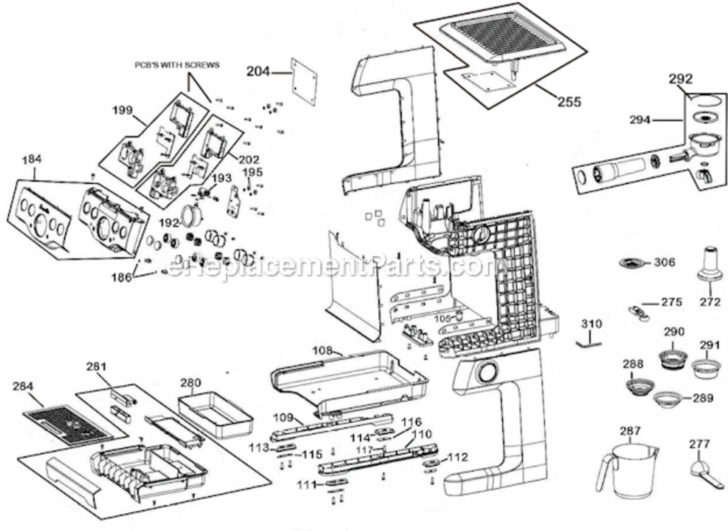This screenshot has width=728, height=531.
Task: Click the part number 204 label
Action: [x=258, y=71]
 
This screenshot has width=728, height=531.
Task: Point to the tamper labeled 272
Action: [x=709, y=265]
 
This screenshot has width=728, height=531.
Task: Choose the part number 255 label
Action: [x=569, y=102]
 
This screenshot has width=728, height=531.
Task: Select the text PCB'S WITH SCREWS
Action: [x=177, y=64]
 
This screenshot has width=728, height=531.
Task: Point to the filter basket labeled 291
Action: [x=706, y=368]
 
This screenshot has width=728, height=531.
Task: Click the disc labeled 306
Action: [x=632, y=263]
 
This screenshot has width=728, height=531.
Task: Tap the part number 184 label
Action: [x=31, y=161]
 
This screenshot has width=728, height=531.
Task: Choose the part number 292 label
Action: [x=681, y=79]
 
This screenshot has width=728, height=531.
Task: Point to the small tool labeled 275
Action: [x=639, y=311]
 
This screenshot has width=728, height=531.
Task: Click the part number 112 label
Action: [x=457, y=457]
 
